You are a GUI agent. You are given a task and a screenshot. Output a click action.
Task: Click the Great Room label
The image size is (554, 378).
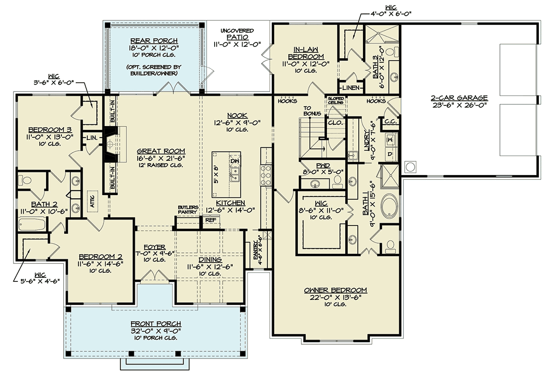coord(161,151)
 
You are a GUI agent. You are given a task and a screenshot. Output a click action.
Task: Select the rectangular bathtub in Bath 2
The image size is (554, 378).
coord(32,224)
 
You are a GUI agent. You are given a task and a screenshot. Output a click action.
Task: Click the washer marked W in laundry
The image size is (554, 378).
coord(391,140)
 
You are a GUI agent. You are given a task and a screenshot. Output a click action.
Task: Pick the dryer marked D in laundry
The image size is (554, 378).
coord(391,154)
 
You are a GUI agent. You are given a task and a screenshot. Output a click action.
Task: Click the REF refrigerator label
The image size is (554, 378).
coord(211,220)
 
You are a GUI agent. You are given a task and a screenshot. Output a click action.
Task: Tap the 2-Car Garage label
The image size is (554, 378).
coord(459,98)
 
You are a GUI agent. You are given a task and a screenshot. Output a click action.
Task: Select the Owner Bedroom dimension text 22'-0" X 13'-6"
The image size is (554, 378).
coord(335,297)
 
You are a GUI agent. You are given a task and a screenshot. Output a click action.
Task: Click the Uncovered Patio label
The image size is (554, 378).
coord(237,34)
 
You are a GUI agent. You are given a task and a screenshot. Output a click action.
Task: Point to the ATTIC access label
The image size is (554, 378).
coord(92,201)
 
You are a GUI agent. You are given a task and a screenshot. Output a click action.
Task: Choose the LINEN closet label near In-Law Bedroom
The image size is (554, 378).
coord(351,88)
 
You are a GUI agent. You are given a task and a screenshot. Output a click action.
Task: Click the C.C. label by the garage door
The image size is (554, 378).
coord(391,122)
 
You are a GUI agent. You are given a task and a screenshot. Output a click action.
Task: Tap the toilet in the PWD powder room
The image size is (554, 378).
coord(337,182)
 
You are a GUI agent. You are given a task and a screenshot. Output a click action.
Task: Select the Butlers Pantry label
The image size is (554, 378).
coord(188,209)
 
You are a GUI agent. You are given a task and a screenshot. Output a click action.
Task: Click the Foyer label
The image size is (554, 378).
coord(155,247)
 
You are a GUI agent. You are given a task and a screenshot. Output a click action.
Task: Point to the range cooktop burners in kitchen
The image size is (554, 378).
coord(266,176)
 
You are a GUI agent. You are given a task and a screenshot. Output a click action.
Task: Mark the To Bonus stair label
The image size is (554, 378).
coord(312,111)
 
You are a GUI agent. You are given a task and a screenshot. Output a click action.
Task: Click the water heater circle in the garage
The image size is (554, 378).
coord(410,167)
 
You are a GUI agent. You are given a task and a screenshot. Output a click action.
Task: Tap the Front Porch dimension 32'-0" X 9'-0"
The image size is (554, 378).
coord(156,331)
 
